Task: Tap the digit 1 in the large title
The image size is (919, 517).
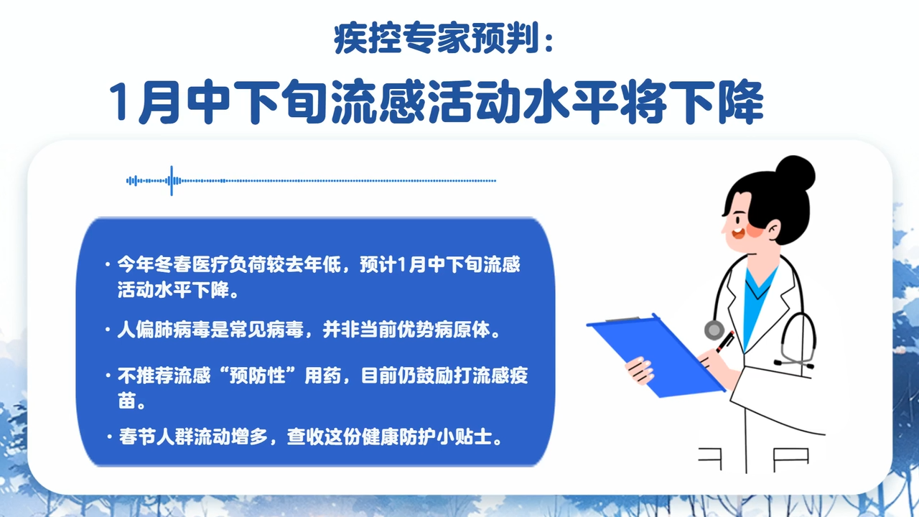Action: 118,101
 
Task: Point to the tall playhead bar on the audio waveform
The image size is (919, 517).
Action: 172,180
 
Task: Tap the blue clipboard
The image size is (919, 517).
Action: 656,355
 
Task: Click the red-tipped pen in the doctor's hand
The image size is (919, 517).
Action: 725,342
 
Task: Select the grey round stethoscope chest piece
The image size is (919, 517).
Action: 714,330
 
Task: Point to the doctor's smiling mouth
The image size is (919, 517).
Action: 737,233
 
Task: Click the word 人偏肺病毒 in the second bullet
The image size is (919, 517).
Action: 164,330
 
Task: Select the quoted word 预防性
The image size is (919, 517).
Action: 257,376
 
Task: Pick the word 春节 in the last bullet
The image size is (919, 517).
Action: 137,437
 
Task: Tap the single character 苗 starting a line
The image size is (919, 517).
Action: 126,401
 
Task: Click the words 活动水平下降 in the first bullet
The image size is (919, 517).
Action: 173,290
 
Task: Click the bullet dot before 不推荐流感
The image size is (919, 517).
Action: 108,376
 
